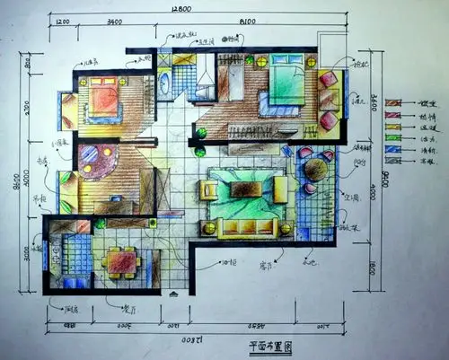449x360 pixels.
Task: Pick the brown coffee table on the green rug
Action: pyautogui.click(x=244, y=189)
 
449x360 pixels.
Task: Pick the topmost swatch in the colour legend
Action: pyautogui.click(x=392, y=102)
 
